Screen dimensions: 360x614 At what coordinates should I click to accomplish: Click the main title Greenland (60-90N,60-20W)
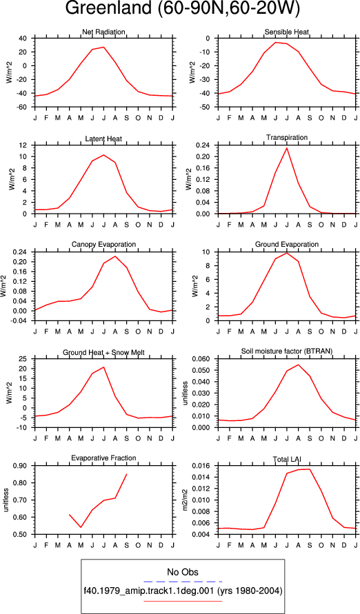click(182, 9)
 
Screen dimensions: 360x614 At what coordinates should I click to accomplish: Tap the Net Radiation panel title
click(103, 32)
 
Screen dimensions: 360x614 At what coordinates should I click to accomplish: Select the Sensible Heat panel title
click(287, 32)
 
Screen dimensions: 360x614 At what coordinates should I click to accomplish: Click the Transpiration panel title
click(287, 137)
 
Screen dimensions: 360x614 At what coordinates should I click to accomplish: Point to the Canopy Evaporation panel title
click(103, 245)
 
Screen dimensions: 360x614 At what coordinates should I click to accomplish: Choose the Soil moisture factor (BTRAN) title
click(287, 351)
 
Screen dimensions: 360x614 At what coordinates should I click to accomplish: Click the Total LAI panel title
click(287, 458)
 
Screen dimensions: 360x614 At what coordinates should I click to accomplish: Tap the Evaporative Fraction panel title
click(103, 458)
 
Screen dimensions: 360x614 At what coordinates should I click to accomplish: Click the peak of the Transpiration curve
click(287, 147)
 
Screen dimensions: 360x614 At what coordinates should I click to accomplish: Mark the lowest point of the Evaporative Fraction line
click(81, 527)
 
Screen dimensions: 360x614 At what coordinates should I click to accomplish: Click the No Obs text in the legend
click(183, 572)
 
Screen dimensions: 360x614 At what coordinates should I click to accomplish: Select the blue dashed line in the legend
click(183, 582)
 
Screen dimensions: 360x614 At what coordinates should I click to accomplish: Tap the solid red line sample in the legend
click(183, 601)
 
